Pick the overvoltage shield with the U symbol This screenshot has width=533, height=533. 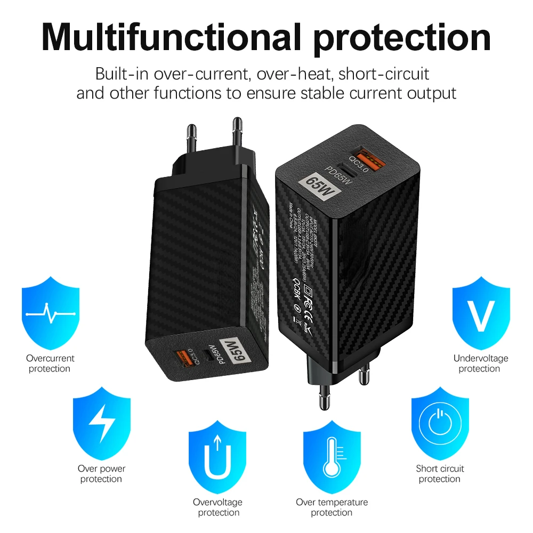[x=218, y=455]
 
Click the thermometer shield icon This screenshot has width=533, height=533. [x=332, y=455]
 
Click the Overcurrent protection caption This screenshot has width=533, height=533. [x=50, y=364]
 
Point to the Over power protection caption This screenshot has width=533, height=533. [x=101, y=474]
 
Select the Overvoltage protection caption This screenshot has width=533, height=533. [x=218, y=507]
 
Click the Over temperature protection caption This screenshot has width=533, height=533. [x=332, y=507]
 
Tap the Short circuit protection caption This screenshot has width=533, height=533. [x=440, y=474]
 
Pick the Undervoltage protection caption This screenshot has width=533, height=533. [x=481, y=364]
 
